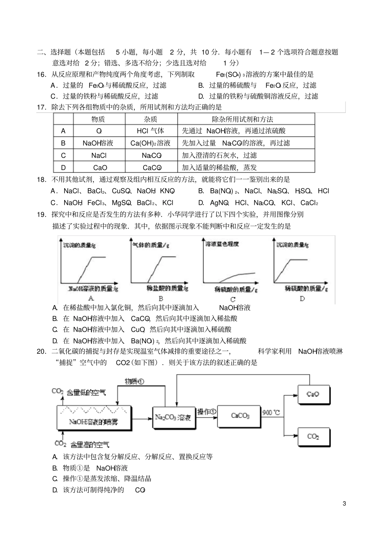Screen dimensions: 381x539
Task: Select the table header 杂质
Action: (151, 119)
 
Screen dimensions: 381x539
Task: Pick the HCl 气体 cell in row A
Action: (151, 131)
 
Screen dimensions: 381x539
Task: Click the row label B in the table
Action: (63, 143)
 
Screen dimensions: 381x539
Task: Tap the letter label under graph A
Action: (91, 298)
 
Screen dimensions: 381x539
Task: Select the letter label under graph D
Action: (302, 298)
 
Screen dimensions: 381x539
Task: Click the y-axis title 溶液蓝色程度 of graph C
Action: (222, 244)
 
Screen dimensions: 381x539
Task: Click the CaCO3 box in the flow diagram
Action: (239, 416)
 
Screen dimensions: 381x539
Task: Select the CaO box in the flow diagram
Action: (314, 395)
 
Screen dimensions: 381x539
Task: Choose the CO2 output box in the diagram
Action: (314, 436)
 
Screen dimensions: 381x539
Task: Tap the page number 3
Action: (344, 504)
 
